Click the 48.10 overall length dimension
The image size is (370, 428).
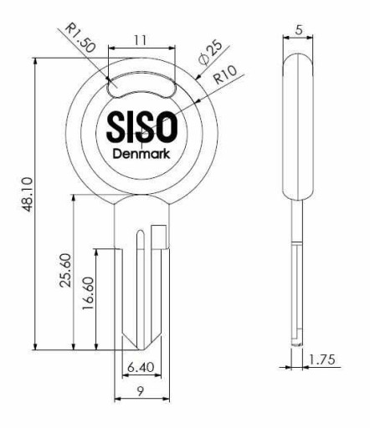click(x=28, y=194)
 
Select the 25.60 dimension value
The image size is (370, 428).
click(x=66, y=270)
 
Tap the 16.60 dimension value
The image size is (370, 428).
click(x=88, y=293)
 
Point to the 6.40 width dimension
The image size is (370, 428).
click(x=141, y=367)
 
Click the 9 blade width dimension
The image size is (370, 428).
click(x=141, y=391)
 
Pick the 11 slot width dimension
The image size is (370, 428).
click(x=141, y=41)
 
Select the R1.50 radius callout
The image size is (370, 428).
click(x=80, y=38)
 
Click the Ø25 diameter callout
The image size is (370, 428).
click(x=210, y=53)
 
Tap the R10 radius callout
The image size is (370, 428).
click(x=225, y=74)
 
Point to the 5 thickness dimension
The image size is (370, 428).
click(x=299, y=29)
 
